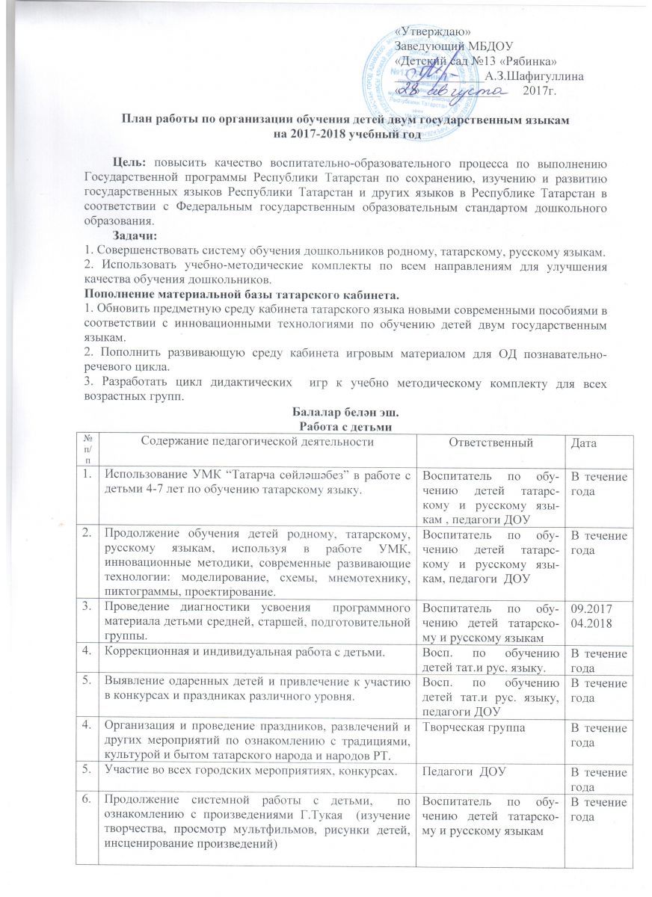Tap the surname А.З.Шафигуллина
tap(535, 75)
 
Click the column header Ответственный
tap(493, 443)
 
